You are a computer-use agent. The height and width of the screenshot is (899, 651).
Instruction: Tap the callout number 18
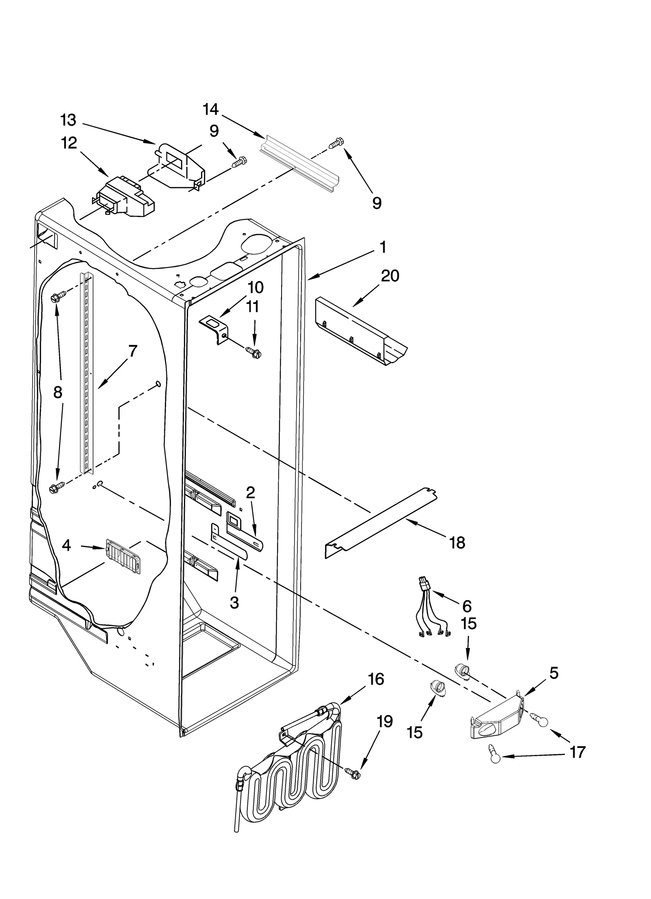(x=457, y=542)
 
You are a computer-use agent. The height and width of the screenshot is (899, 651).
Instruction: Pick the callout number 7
(x=133, y=350)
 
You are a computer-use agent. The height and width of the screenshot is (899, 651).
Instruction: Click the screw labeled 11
(x=253, y=352)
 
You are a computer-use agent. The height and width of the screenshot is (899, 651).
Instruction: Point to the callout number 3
(x=234, y=602)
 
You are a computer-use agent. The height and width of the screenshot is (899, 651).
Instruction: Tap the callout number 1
(x=382, y=247)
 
